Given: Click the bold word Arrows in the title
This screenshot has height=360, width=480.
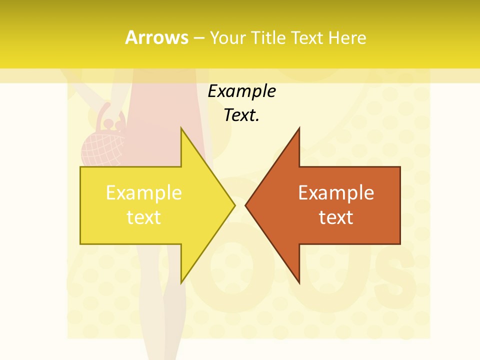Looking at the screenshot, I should point(156,37).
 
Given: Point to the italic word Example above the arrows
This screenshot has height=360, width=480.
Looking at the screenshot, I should point(241,91).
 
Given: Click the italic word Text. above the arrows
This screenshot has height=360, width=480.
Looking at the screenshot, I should point(241,115).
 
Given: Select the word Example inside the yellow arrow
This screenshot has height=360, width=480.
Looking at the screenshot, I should point(144,193).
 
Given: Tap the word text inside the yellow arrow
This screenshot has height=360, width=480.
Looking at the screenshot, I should point(144,217).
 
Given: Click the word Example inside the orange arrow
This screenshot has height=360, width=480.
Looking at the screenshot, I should point(336,193).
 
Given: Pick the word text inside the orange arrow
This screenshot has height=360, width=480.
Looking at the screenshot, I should point(336,217).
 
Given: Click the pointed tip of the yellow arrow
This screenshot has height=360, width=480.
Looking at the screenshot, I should point(234,205).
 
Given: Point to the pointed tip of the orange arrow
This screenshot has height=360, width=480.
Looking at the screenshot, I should point(246,205).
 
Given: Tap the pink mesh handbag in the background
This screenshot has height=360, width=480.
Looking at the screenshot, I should point(102,147).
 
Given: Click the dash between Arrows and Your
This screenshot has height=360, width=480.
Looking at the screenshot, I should point(198,38).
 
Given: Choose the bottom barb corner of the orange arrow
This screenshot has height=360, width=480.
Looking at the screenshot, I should point(299,283).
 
